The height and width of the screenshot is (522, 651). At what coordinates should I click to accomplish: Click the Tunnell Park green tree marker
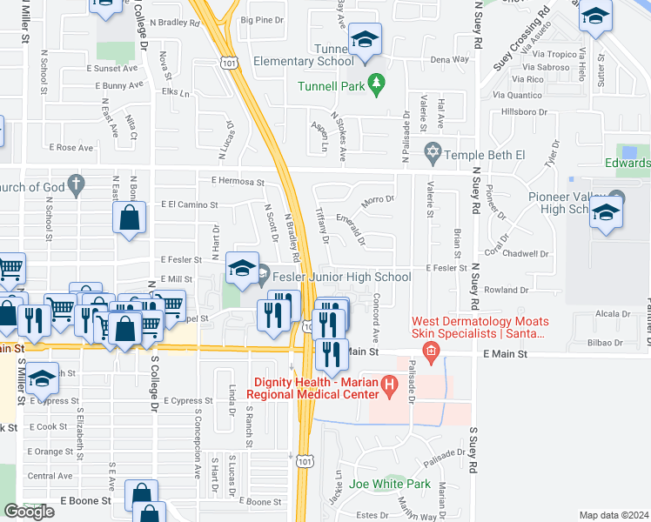point(376,85)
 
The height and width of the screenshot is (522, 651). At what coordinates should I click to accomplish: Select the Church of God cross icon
point(76,183)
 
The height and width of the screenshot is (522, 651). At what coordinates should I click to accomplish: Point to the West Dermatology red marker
point(428,349)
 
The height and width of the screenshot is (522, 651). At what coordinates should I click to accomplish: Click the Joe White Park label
point(390,484)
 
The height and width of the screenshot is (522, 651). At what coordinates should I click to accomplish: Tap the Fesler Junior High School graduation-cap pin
point(242,269)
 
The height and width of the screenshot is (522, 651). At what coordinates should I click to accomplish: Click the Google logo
point(29,512)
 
